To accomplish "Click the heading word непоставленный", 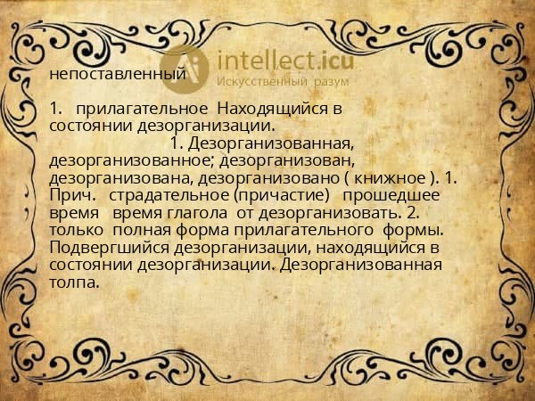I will [118, 75].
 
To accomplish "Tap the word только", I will [78, 230].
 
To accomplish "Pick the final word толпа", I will [75, 282].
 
